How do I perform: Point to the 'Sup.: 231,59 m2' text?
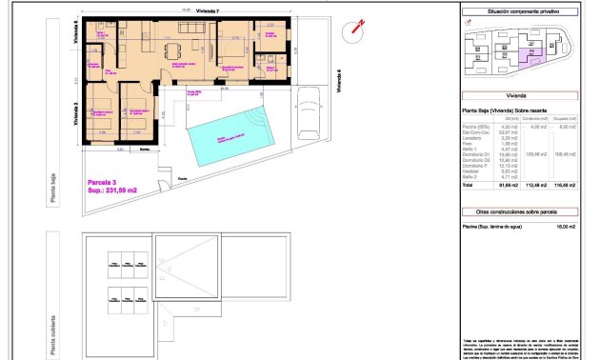[x=111, y=190]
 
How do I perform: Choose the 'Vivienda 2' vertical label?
[x=74, y=112]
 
